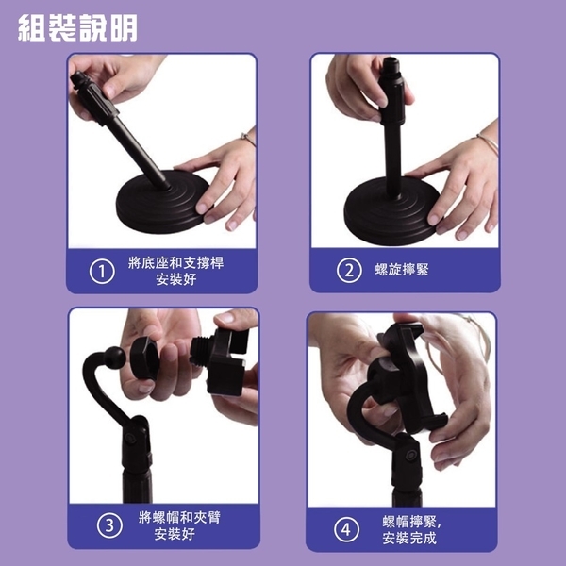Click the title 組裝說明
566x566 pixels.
click(x=77, y=27)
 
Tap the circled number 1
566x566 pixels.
click(x=102, y=272)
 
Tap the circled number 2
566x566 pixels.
click(x=349, y=270)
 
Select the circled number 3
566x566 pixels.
click(x=109, y=525)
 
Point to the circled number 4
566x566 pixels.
click(x=346, y=529)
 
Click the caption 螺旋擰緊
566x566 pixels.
click(x=402, y=270)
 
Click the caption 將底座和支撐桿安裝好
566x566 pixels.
click(x=175, y=271)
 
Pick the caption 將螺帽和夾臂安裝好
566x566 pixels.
click(x=179, y=525)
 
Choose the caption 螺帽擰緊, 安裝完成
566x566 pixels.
click(x=412, y=529)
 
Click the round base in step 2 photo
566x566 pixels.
click(x=391, y=213)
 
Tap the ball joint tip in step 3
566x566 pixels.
click(x=114, y=358)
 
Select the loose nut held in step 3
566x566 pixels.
click(x=144, y=358)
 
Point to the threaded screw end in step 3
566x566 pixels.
click(x=199, y=351)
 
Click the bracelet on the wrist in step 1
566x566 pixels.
click(x=248, y=139)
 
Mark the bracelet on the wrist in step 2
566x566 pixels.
click(x=488, y=141)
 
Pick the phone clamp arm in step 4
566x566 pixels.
click(x=411, y=377)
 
